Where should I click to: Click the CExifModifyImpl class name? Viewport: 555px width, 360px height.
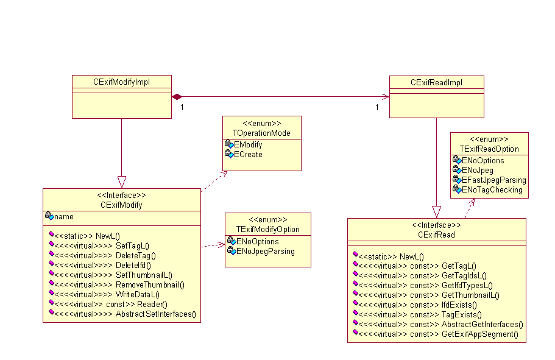coord(121,81)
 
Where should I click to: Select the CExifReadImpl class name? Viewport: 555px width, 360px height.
coord(436,82)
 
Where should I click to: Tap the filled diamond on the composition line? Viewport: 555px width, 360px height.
coord(177,97)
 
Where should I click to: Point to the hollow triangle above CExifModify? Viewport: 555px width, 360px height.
coord(121,182)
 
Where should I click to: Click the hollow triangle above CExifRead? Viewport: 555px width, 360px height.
coord(436,211)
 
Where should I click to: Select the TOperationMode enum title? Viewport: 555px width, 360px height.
coord(261,133)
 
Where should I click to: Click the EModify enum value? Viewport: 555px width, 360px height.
coord(249,144)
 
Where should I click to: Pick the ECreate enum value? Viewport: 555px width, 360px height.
coord(249,154)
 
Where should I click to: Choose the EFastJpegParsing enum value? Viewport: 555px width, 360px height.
coord(493,180)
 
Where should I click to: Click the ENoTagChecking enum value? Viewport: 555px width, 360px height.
coord(492,189)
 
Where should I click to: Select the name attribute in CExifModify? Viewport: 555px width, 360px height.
coord(63,216)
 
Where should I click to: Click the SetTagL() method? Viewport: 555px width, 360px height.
coord(132,245)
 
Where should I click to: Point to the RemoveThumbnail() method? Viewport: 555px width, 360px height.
coord(149,284)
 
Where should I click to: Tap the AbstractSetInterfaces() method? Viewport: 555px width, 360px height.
coord(156,314)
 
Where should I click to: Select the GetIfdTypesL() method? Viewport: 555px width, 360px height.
coord(467,285)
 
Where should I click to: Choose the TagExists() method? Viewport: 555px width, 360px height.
coord(461,314)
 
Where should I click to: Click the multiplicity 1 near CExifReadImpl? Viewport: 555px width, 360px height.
coord(376,108)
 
